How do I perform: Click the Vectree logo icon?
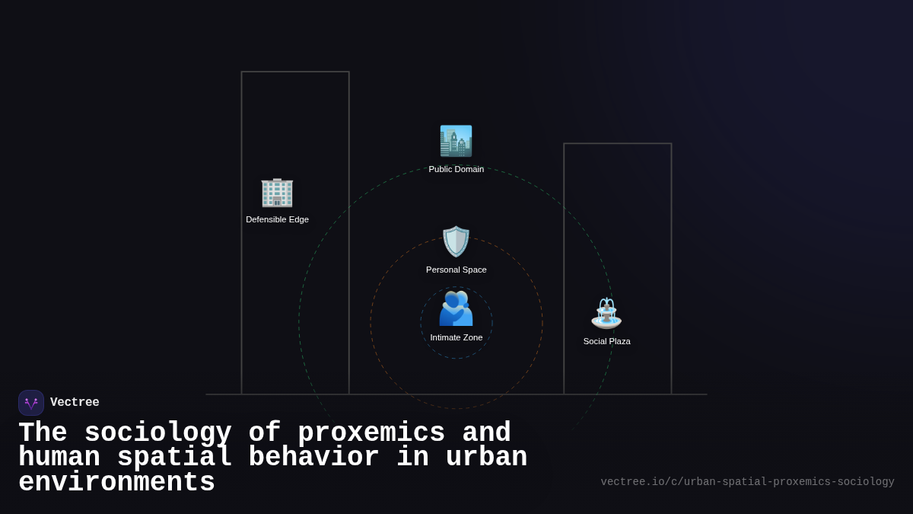click(x=31, y=403)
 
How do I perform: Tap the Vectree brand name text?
click(x=75, y=403)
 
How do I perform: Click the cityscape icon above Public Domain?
click(x=456, y=141)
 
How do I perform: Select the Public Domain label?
click(x=456, y=169)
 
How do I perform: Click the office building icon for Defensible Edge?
click(x=277, y=192)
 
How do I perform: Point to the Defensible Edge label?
click(x=277, y=219)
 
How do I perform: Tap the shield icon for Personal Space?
click(x=456, y=241)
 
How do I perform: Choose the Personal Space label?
click(x=456, y=270)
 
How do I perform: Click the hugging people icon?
click(x=456, y=308)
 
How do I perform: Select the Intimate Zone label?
click(x=456, y=337)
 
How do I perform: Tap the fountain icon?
click(x=606, y=313)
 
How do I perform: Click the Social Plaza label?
click(x=606, y=341)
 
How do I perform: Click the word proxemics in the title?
click(x=371, y=433)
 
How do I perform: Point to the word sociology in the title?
click(x=157, y=433)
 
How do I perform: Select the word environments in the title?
click(x=116, y=483)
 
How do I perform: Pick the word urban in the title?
click(x=487, y=458)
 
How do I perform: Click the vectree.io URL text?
click(x=747, y=482)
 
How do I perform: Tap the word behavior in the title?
click(x=313, y=458)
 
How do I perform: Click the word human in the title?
click(x=59, y=458)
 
